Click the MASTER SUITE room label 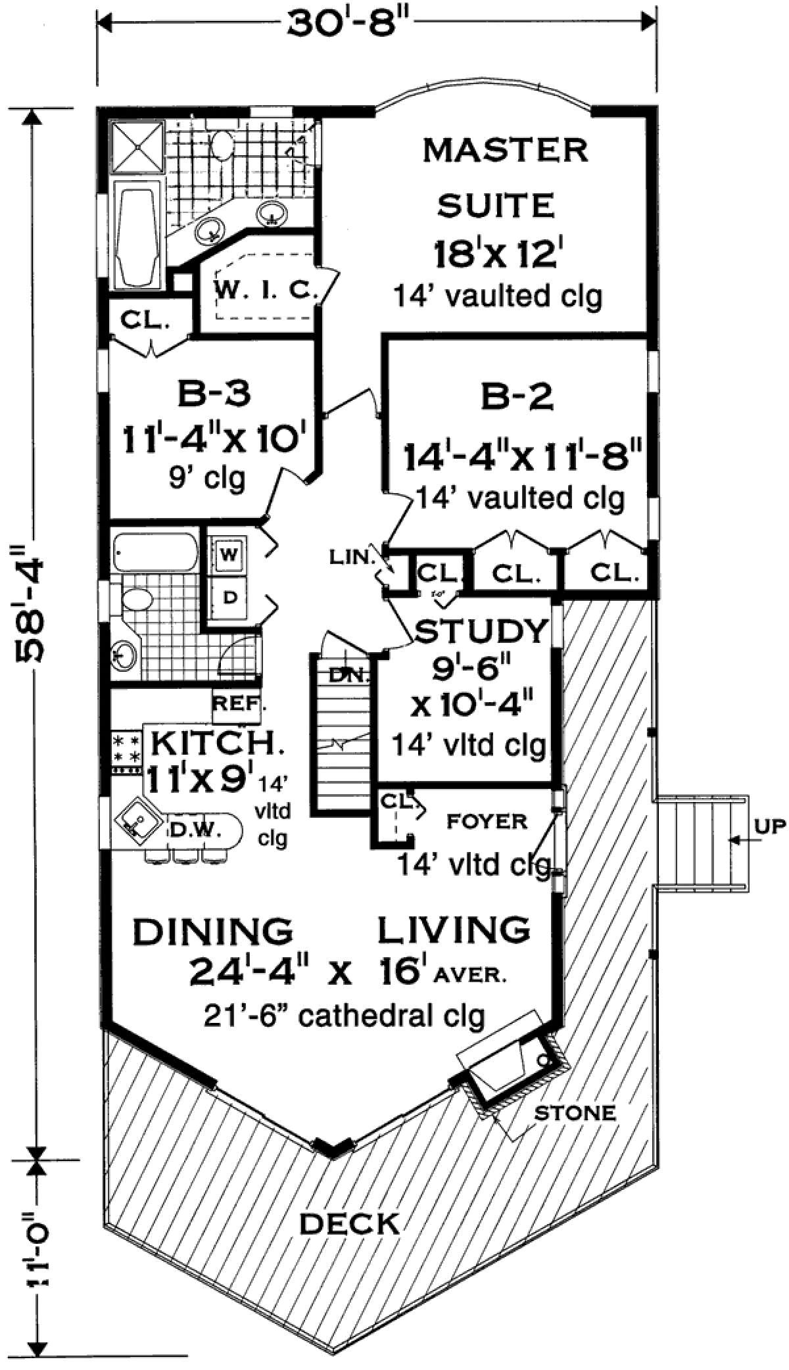505,177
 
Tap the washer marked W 228,554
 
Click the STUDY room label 481,631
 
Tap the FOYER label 487,821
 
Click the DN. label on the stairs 344,674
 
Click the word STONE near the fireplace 575,1112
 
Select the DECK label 349,1223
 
